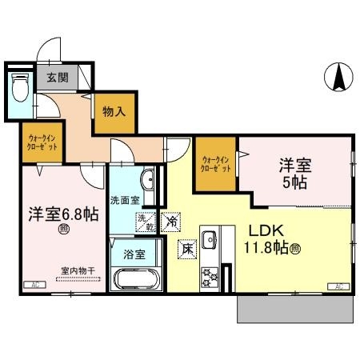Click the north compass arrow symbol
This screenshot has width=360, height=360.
tap(338, 78)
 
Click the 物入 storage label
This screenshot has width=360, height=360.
tap(114, 112)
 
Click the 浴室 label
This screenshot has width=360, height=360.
tap(134, 254)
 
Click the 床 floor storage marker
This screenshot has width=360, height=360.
tap(187, 249)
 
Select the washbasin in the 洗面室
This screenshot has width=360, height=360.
tap(150, 179)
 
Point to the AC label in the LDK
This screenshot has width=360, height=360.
tap(339, 286)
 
